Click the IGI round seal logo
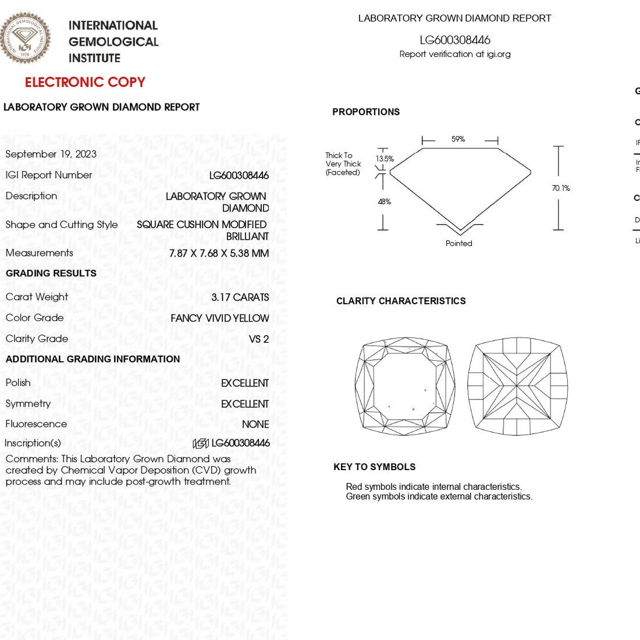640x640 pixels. (25, 38)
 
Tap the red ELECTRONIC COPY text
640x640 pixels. (85, 82)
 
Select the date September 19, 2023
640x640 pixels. (51, 154)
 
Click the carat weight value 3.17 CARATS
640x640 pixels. (240, 297)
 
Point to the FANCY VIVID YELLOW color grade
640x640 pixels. (219, 318)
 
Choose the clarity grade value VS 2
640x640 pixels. (258, 339)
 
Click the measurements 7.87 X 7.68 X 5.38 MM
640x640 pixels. (219, 254)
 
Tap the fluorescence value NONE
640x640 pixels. (255, 425)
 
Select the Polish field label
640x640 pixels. (18, 383)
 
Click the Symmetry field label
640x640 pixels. (28, 404)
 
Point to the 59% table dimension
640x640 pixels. (458, 140)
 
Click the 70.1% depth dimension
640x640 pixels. (561, 189)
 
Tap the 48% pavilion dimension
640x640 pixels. (385, 202)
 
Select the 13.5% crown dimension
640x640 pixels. (385, 159)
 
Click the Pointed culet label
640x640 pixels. (459, 244)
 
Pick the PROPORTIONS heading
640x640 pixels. (366, 112)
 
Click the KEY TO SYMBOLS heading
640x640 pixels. (374, 467)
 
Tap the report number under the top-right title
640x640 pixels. (455, 40)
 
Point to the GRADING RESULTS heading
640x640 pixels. (51, 273)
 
